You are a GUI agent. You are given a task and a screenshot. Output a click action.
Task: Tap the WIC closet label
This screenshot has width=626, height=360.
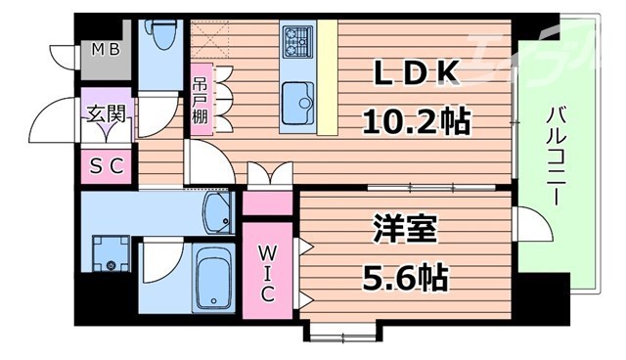click(x=267, y=275)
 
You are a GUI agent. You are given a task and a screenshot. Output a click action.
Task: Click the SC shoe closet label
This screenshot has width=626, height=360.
click(x=108, y=165)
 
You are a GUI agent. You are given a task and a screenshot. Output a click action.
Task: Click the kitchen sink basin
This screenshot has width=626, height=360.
click(x=297, y=97)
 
